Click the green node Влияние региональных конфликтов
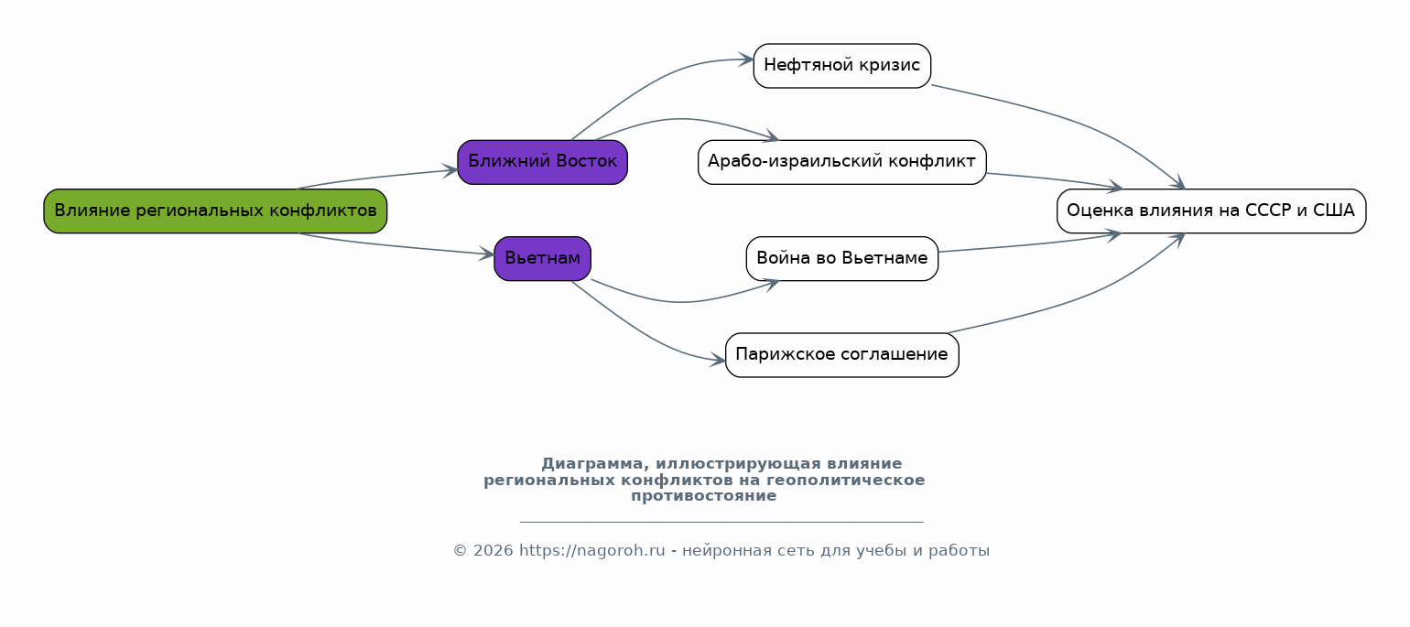215,211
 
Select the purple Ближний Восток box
543,162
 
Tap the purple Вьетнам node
543,259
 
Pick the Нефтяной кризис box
842,66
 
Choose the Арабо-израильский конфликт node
842,162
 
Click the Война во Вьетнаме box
842,259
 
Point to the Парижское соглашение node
842,355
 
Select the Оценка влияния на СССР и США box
1211,211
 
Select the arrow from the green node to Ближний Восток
376,178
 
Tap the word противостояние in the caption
704,496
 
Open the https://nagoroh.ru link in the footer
591,551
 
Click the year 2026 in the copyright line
493,551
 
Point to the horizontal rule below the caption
721,522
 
